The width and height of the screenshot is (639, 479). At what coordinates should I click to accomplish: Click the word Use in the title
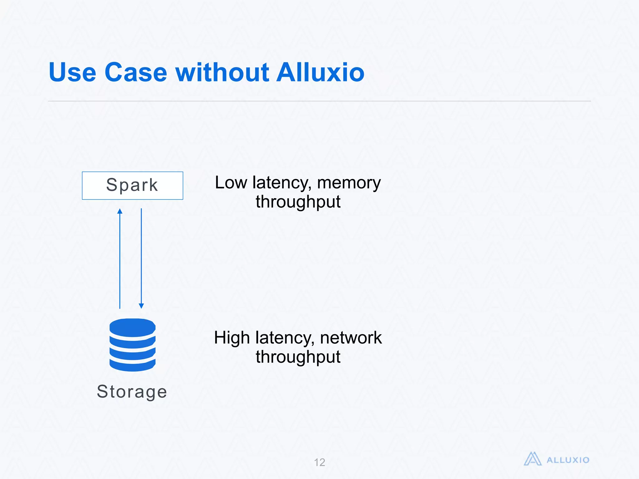click(x=72, y=72)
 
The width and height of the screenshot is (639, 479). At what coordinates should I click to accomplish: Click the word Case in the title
click(x=136, y=72)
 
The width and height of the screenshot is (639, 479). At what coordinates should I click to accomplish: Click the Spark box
click(x=132, y=186)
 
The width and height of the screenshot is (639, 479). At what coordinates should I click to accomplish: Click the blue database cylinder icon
click(x=132, y=345)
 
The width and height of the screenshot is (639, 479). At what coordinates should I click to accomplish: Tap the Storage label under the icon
click(x=132, y=392)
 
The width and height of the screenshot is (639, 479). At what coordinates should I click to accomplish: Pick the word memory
click(x=349, y=183)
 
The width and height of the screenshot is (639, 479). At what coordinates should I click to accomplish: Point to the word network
click(x=351, y=338)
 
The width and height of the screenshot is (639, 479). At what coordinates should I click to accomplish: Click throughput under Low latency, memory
click(x=298, y=202)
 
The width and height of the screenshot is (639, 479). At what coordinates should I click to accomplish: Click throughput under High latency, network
click(x=298, y=357)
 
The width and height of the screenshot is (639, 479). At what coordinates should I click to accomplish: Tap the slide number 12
click(x=319, y=462)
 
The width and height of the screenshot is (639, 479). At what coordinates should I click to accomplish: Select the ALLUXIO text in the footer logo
click(x=568, y=460)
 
